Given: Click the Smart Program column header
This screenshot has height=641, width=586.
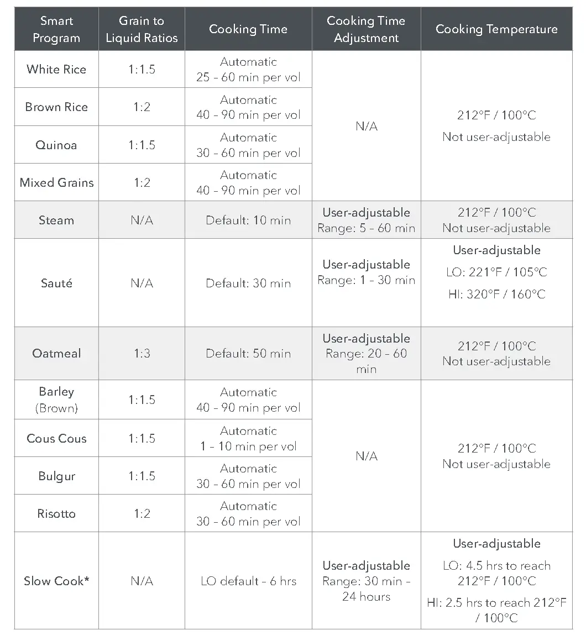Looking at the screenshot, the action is click(x=56, y=29).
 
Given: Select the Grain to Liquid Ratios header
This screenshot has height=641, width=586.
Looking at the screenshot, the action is click(x=142, y=29).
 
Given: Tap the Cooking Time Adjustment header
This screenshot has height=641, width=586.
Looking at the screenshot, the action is click(x=366, y=29).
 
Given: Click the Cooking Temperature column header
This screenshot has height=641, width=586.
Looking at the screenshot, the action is click(x=496, y=29).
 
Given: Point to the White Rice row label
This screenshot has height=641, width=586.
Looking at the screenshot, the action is click(x=56, y=69).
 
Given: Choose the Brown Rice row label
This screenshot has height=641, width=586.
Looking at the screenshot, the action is click(x=56, y=107).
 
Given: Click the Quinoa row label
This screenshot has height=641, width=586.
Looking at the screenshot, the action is click(x=56, y=145).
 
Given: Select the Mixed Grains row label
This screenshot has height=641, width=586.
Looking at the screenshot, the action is click(x=56, y=182).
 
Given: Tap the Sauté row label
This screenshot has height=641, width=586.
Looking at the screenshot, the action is click(x=56, y=283).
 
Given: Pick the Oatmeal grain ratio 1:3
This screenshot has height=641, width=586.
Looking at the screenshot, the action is click(x=142, y=353).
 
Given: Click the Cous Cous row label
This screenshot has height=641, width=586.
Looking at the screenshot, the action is click(x=56, y=438).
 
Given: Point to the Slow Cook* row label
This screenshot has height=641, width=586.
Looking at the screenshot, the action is click(x=56, y=581).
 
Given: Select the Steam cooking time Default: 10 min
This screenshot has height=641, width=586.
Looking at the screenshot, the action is click(x=248, y=220).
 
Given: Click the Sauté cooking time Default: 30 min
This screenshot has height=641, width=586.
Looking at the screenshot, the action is click(x=248, y=283).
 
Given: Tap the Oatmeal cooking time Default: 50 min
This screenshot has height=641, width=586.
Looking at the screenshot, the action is click(x=248, y=353).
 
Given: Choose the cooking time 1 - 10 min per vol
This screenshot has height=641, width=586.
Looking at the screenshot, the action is click(x=248, y=446).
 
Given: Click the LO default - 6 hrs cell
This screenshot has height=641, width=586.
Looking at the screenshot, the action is click(x=248, y=581).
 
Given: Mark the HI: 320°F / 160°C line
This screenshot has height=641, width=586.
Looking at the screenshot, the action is click(x=496, y=294).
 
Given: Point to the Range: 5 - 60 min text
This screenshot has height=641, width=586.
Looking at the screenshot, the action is click(x=366, y=228).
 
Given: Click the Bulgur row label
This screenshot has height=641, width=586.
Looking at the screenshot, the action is click(x=56, y=476).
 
